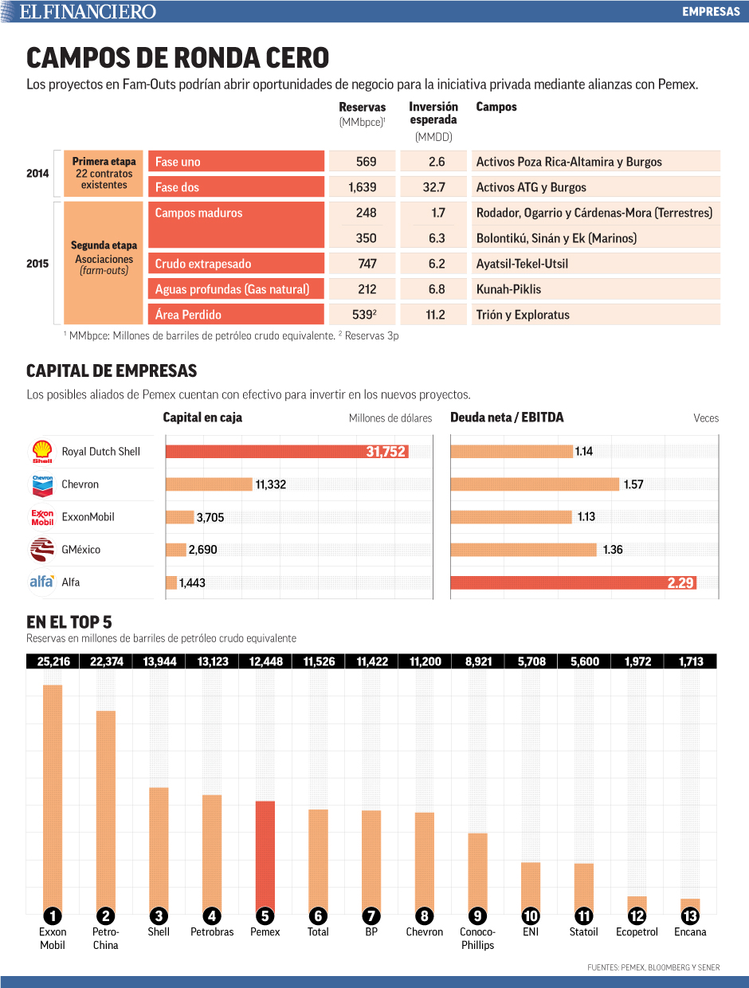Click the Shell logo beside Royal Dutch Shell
point(42,452)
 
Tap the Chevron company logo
point(42,484)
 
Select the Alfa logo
point(41,582)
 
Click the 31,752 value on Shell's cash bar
point(386,452)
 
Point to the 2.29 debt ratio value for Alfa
point(680,582)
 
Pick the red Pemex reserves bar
point(265,857)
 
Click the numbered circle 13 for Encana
point(690,915)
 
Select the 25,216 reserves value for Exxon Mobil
point(53,661)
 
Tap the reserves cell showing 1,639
point(362,187)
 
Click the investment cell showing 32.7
point(435,187)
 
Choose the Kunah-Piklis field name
point(508,289)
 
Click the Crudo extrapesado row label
point(202,264)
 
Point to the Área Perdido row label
point(188,315)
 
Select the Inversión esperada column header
point(433,113)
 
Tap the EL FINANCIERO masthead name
point(88,11)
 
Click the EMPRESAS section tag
point(711,11)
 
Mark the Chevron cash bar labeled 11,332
point(209,484)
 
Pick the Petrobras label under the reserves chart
point(212,931)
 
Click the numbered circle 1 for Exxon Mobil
point(53,915)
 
